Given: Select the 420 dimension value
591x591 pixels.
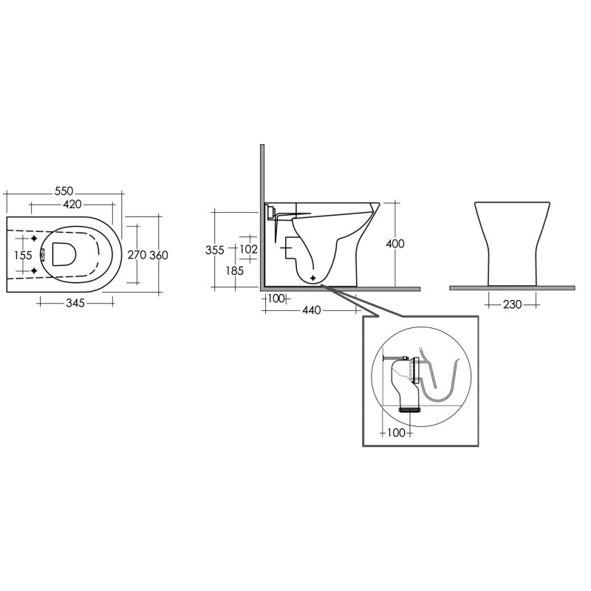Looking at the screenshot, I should click(x=71, y=203).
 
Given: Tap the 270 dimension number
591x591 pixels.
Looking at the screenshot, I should click(x=137, y=254).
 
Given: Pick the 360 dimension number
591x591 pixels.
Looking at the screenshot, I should click(x=159, y=254).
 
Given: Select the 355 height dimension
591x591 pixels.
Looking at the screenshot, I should click(x=214, y=250).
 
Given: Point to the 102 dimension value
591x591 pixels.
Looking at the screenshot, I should click(x=248, y=250).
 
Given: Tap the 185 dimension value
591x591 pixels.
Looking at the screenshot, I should click(x=235, y=271).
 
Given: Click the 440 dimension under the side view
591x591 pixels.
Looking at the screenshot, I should click(x=311, y=310).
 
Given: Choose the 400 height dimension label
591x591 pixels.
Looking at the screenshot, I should click(x=395, y=244).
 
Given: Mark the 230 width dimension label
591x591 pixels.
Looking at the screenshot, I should click(x=511, y=304).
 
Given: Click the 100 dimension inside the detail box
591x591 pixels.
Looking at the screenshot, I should click(x=396, y=432).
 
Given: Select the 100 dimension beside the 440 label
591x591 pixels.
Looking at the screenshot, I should click(x=276, y=298).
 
